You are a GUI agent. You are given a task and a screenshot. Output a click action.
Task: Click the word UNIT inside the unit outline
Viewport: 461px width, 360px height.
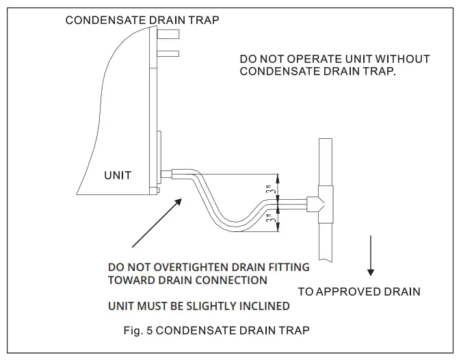pyautogui.click(x=118, y=176)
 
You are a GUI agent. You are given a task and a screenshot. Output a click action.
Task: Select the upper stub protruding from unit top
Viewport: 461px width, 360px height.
pyautogui.click(x=168, y=34)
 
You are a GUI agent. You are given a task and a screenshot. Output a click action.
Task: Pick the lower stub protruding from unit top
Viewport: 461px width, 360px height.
pyautogui.click(x=168, y=53)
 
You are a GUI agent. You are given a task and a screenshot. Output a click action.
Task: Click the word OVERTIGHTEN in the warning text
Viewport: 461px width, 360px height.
pyautogui.click(x=188, y=267)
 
